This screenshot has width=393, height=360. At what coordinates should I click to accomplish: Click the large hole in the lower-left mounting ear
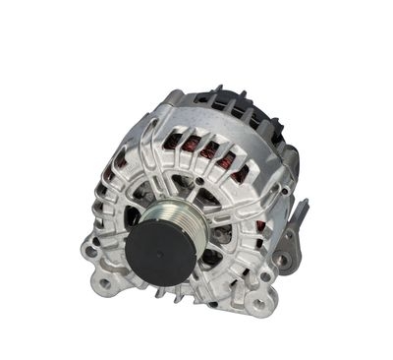93,250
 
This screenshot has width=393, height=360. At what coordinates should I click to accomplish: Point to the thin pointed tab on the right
303,208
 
